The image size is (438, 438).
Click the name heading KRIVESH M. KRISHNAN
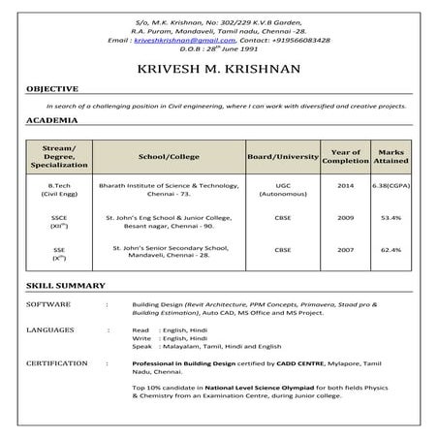pos(218,69)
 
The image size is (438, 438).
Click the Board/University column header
pos(283,156)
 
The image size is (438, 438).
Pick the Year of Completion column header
pos(346,156)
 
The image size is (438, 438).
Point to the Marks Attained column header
pos(391,156)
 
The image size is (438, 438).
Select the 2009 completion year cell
pos(346,218)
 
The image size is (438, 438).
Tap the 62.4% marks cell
pos(391,250)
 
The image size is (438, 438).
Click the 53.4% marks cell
pos(391,218)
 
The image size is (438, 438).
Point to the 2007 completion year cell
pos(346,250)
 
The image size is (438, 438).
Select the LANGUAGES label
pos(48,330)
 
